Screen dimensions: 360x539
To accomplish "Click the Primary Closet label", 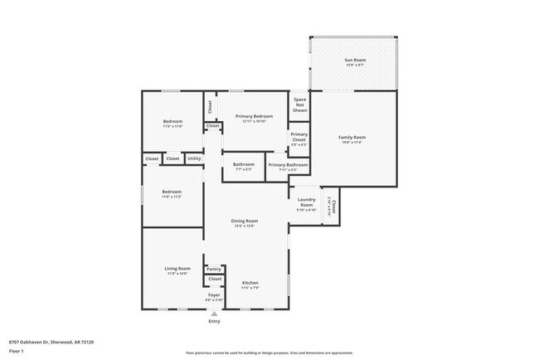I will point(299,137).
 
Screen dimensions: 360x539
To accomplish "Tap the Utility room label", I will point(194,158).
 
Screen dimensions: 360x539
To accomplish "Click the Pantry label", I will point(214,269).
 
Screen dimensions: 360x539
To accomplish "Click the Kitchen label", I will point(250,286).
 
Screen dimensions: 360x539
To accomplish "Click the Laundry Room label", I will point(305,204).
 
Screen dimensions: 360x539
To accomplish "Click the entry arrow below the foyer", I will point(215,314).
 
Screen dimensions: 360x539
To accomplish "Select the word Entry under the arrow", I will point(215,321).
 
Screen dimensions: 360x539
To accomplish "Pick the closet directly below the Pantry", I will point(215,280).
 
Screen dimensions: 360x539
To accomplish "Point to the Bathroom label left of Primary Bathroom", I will point(243,165).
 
